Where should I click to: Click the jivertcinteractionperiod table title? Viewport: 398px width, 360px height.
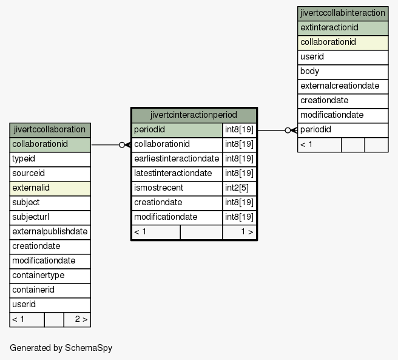coord(194,115)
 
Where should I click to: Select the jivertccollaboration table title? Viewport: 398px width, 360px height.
coord(50,129)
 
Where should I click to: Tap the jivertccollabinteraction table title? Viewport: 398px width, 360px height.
coord(343,13)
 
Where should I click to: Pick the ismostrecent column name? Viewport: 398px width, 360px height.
coord(158,188)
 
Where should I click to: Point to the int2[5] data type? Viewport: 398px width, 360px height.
coord(237,188)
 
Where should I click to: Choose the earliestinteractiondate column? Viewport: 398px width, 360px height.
coord(177,158)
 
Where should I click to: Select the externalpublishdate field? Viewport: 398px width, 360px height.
coord(50,231)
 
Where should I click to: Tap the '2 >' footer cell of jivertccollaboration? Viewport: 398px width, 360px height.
coord(77,319)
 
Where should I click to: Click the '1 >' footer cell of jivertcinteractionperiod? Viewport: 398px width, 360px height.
coord(240,232)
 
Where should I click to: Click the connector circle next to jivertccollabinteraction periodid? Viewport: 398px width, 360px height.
coord(288,131)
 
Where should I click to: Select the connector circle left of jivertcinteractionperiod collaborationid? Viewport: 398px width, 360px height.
coord(122,145)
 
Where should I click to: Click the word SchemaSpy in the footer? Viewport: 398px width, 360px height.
coord(89,348)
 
